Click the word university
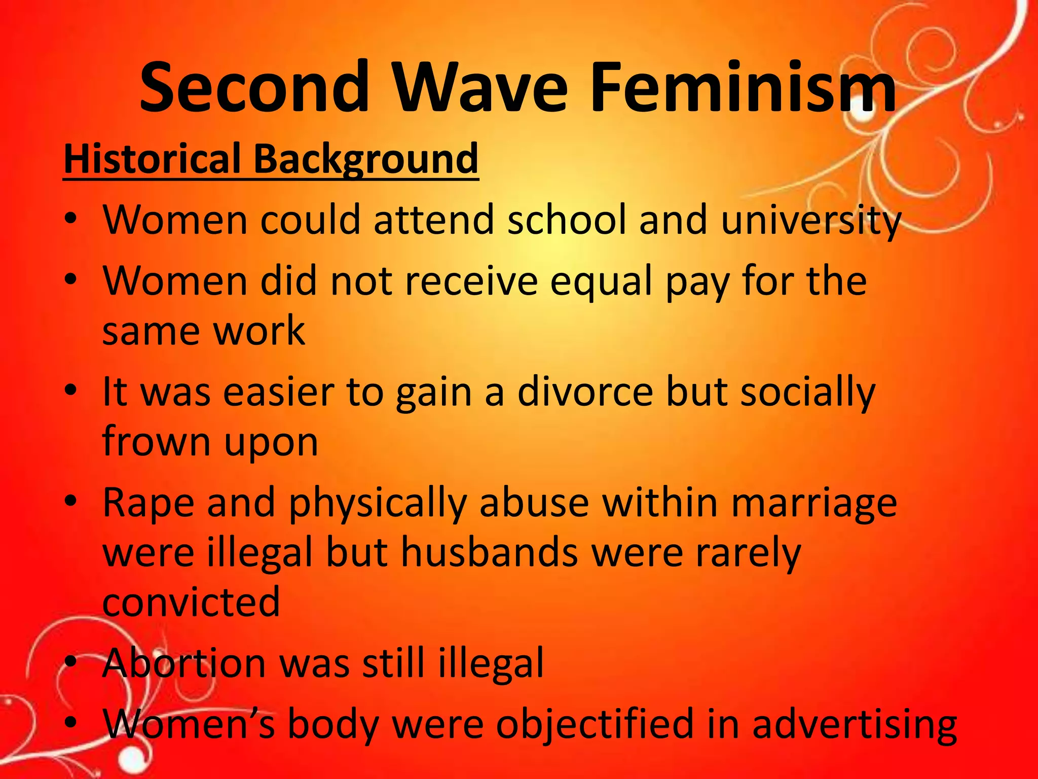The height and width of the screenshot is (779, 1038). [810, 221]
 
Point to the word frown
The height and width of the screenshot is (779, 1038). [156, 441]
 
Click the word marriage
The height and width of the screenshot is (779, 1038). [814, 504]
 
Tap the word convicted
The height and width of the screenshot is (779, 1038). [191, 603]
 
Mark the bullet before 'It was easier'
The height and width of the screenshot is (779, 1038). [71, 390]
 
